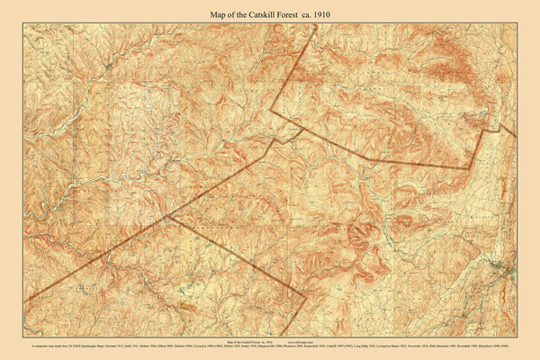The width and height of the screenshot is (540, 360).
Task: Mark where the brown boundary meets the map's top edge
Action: [316, 24]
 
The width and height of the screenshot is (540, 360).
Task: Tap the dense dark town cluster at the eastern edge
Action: [509, 270]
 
